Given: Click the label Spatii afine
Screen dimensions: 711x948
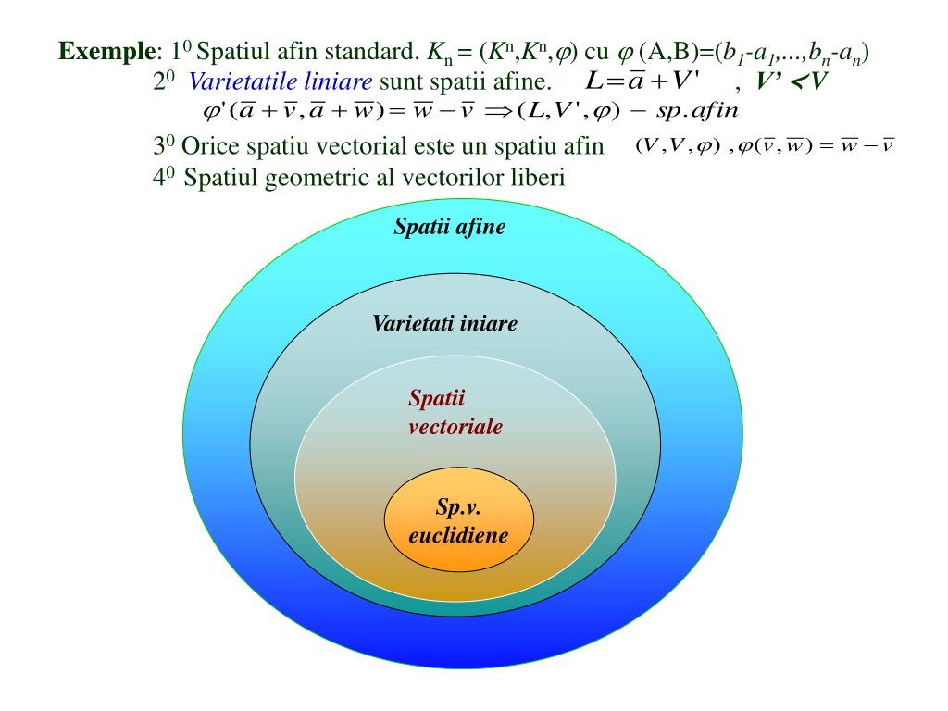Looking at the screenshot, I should click(450, 227).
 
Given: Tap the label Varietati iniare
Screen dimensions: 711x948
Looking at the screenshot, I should click(444, 324).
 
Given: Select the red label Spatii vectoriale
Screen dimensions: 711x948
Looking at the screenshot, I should click(455, 413).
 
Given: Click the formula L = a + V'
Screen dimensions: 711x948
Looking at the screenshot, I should click(643, 81).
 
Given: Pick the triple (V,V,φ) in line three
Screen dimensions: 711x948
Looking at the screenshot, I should click(677, 147).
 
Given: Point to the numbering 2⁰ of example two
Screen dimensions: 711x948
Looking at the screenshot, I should click(164, 81).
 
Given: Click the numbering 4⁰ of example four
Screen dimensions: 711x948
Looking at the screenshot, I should click(164, 178).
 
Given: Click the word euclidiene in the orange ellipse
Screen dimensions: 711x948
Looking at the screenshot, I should click(458, 535).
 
